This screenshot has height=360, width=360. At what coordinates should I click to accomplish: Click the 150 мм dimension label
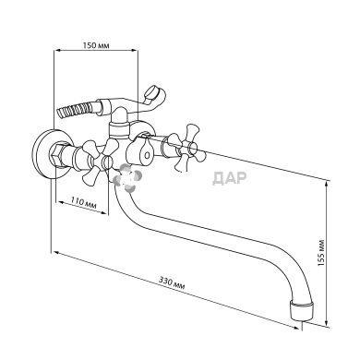pos(96,45)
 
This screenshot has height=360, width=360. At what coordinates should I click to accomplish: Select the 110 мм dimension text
pos(83,203)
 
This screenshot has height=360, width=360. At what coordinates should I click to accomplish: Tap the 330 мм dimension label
pos(172,282)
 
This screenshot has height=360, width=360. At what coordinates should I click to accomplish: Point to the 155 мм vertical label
pos(321,253)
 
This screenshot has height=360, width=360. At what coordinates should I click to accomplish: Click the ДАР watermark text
pos(230,177)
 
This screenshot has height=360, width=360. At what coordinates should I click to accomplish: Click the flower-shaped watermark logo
pos(127,178)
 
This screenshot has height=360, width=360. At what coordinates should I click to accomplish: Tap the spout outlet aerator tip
pos(303,311)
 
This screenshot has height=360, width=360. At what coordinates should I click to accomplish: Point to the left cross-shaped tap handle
pos(98,160)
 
